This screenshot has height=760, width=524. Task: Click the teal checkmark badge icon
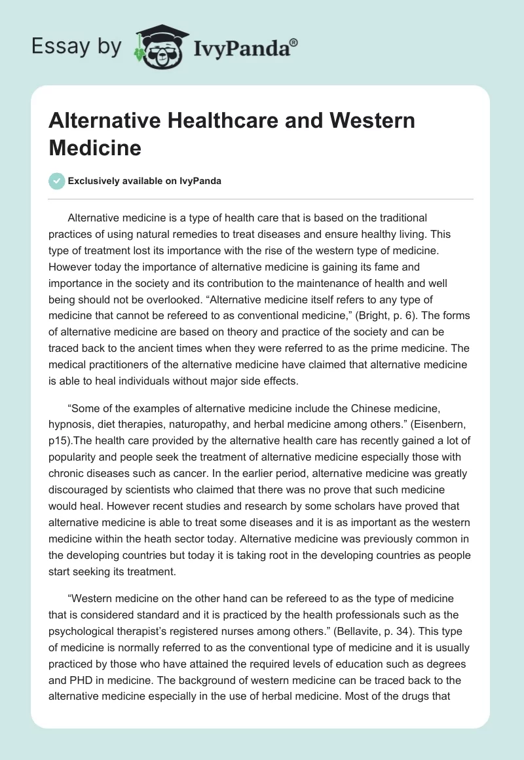[57, 181]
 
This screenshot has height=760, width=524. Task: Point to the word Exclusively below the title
[96, 181]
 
